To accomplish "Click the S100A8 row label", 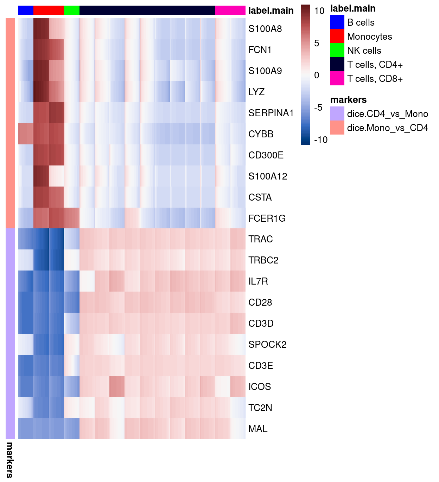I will click(x=265, y=29).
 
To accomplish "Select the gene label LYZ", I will click(x=256, y=92).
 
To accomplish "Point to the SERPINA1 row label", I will click(x=271, y=113).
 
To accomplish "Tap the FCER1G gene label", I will click(x=267, y=219).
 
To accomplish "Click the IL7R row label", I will click(x=258, y=281).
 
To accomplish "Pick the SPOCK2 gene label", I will click(x=267, y=345).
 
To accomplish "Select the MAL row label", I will click(x=258, y=429).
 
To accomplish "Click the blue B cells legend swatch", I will click(x=337, y=22).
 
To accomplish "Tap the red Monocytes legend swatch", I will click(x=337, y=37).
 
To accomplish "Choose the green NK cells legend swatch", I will click(x=337, y=51).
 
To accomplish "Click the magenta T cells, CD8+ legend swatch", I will click(x=337, y=79).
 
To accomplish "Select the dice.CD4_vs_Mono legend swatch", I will click(x=337, y=114).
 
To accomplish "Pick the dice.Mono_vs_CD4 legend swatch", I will click(x=337, y=128).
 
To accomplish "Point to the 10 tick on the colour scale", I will click(x=319, y=11).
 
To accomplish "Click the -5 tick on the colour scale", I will click(x=318, y=108).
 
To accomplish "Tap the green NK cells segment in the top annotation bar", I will click(x=72, y=11).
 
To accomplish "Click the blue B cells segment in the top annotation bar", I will click(x=26, y=11).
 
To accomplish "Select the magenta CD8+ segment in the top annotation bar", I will click(x=230, y=11).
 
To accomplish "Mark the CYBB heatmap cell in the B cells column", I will click(x=26, y=134).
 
